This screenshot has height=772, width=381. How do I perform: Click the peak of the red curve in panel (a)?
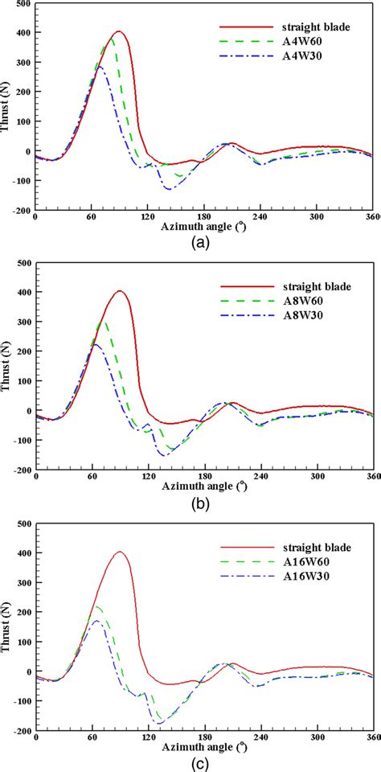119,31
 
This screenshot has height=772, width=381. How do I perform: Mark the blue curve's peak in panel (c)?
96,621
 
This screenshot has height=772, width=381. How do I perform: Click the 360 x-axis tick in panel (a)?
371,217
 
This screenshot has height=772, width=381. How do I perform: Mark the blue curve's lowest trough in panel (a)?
168,189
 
